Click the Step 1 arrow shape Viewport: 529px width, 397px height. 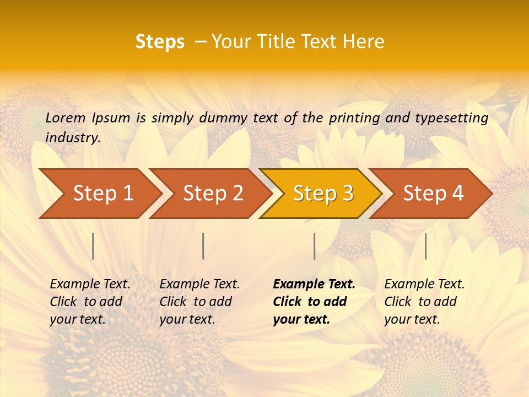pos(102,194)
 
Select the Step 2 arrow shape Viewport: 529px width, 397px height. pos(213,194)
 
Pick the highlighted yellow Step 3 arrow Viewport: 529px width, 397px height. pos(323,194)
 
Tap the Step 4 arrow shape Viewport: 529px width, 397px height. pos(433,194)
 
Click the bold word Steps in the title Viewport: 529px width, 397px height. pos(160,42)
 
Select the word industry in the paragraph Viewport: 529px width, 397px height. pos(72,137)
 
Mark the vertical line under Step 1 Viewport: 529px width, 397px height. pos(93,246)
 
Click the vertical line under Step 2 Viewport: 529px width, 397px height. pos(203,246)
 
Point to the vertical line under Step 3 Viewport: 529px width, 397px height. pos(314,246)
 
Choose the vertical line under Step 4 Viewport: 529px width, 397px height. pos(425,246)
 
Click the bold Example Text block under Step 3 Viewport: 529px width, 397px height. pos(314,302)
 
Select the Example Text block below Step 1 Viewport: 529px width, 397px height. pos(90,302)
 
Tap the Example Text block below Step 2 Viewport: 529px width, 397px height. pos(199,302)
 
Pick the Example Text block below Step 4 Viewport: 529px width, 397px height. pos(424,302)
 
